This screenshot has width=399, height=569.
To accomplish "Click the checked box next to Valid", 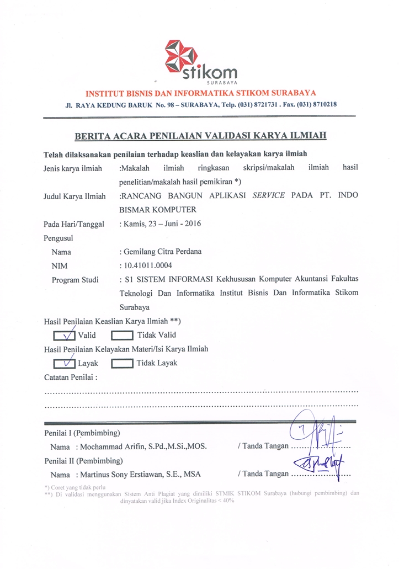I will [64, 335].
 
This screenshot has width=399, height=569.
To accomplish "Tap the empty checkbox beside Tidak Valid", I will [121, 335].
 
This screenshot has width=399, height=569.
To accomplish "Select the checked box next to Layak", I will [64, 363].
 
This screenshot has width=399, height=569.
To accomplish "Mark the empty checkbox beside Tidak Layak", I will [121, 363].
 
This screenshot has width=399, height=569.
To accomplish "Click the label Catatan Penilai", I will [70, 377].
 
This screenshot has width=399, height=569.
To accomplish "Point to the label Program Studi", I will [75, 280].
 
